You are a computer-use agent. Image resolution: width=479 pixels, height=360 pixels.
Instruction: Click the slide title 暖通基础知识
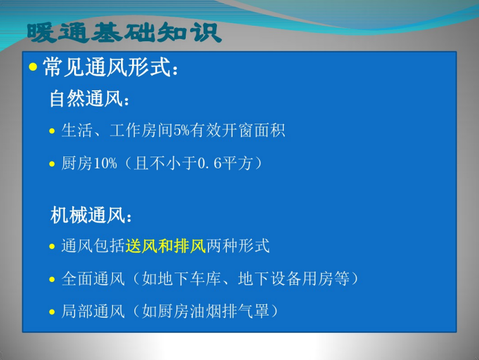click(124, 33)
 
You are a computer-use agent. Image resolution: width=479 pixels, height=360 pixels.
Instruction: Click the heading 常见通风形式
click(107, 67)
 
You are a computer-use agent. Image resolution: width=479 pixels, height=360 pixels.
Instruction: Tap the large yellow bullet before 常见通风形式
click(33, 66)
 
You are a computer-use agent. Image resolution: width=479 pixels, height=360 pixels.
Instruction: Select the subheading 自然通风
click(86, 98)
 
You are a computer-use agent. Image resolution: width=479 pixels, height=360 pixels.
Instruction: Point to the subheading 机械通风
click(88, 215)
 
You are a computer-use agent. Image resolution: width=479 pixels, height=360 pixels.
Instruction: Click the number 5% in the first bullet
click(181, 130)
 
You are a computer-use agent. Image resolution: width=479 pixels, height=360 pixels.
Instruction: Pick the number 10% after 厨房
click(105, 163)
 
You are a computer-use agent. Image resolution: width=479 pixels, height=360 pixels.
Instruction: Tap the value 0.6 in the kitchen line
click(209, 163)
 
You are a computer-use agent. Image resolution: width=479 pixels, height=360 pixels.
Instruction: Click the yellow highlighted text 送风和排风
click(166, 246)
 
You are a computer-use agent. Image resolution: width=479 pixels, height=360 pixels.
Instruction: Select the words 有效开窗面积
click(238, 130)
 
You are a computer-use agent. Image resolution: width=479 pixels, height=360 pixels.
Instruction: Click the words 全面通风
click(93, 279)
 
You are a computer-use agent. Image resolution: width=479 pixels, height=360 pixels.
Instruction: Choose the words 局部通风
click(93, 311)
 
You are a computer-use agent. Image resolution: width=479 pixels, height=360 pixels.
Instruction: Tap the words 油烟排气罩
click(229, 311)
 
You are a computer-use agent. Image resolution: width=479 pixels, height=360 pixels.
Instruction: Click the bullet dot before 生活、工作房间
click(52, 131)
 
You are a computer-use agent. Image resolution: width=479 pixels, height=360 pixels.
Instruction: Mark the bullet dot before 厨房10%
click(52, 164)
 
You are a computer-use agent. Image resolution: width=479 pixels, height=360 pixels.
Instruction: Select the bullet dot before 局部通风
click(52, 312)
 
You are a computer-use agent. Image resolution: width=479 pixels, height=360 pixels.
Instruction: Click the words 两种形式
click(238, 246)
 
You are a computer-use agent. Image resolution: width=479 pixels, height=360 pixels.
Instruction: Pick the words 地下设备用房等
click(294, 279)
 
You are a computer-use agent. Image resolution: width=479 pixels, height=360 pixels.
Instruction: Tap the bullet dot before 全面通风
click(52, 279)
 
